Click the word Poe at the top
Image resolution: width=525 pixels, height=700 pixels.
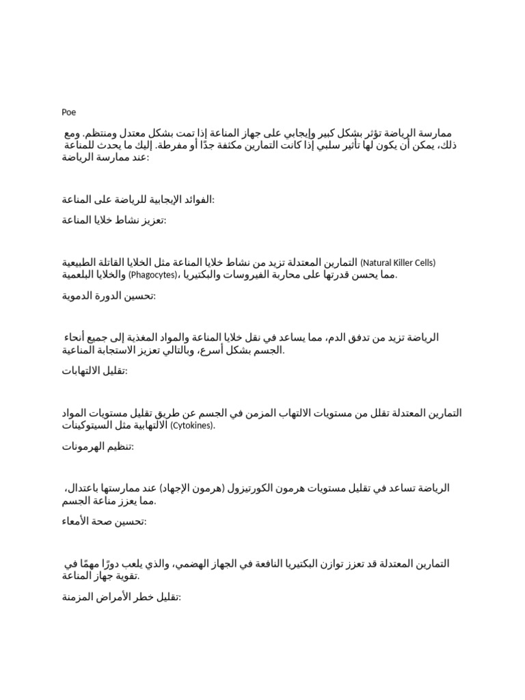(x=68, y=112)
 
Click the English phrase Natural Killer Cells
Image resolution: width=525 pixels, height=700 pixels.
(x=398, y=262)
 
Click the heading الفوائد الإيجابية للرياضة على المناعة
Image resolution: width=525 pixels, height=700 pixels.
(x=137, y=199)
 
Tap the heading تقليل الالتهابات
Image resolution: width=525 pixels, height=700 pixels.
(x=96, y=371)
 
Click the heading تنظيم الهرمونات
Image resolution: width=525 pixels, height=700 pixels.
(x=98, y=446)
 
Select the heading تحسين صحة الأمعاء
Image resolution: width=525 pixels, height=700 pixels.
(x=104, y=522)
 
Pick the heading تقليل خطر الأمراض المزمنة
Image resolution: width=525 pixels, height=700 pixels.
(x=121, y=597)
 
